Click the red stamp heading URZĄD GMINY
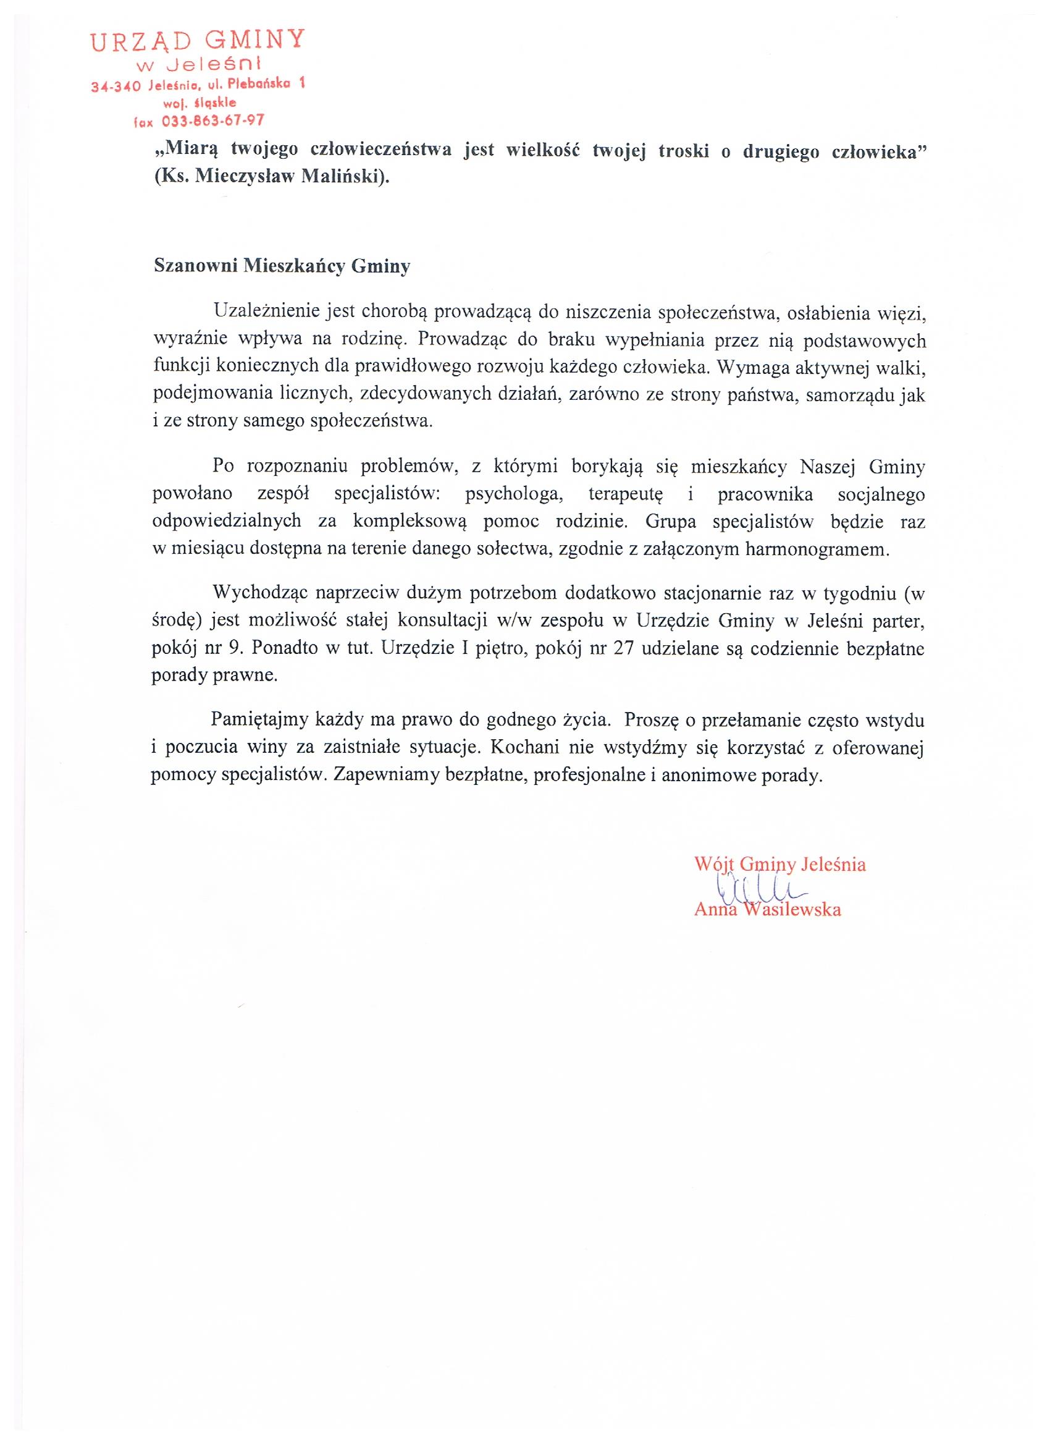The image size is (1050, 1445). tap(198, 42)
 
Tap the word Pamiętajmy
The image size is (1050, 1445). tap(260, 720)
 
